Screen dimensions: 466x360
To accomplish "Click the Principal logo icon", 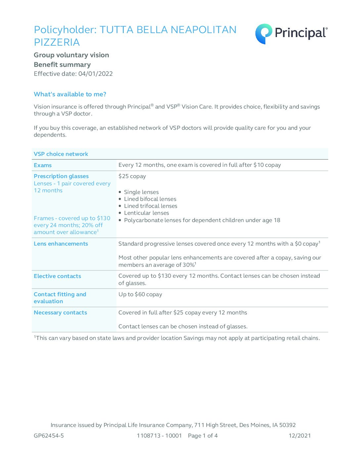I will (x=264, y=34).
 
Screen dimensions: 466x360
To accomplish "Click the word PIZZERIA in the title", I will (x=57, y=42).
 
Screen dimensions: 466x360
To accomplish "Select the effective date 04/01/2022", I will (x=96, y=74).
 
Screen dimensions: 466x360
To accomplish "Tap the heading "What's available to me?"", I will (x=70, y=94).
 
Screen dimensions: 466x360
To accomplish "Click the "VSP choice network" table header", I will (x=61, y=154).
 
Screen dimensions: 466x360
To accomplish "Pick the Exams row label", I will (x=43, y=165).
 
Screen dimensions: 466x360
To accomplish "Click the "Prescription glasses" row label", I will (x=61, y=176).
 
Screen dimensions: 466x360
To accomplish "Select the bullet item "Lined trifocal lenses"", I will (x=151, y=206).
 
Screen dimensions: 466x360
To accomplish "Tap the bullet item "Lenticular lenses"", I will (x=146, y=213).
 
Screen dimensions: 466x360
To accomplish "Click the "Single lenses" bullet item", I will (x=141, y=192).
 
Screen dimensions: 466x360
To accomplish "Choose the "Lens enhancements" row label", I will (x=61, y=244).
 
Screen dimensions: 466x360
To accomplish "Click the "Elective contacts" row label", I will (x=57, y=276).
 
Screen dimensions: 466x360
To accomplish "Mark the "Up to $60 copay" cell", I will (x=140, y=294).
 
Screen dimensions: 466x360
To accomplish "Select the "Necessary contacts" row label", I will (x=60, y=312).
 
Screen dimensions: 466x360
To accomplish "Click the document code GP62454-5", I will (x=49, y=436).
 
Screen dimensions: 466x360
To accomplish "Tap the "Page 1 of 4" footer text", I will (x=203, y=436).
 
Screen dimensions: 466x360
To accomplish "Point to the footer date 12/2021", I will (x=299, y=436).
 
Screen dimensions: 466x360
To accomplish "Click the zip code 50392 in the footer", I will (x=288, y=425).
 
